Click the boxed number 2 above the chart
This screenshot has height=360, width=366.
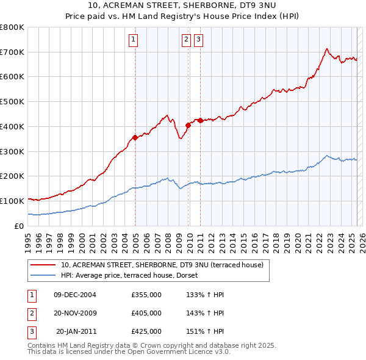(x=185, y=41)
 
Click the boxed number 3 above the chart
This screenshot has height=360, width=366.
(x=199, y=41)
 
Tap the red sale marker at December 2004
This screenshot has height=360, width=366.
(x=135, y=137)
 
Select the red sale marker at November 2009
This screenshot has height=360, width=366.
(x=188, y=125)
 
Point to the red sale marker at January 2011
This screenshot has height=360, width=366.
(x=200, y=120)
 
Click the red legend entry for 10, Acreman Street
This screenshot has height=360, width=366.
(x=162, y=265)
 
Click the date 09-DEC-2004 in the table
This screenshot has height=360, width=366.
(x=75, y=295)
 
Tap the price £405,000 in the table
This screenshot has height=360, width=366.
(x=146, y=313)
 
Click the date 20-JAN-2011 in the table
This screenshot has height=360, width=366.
(x=76, y=331)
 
